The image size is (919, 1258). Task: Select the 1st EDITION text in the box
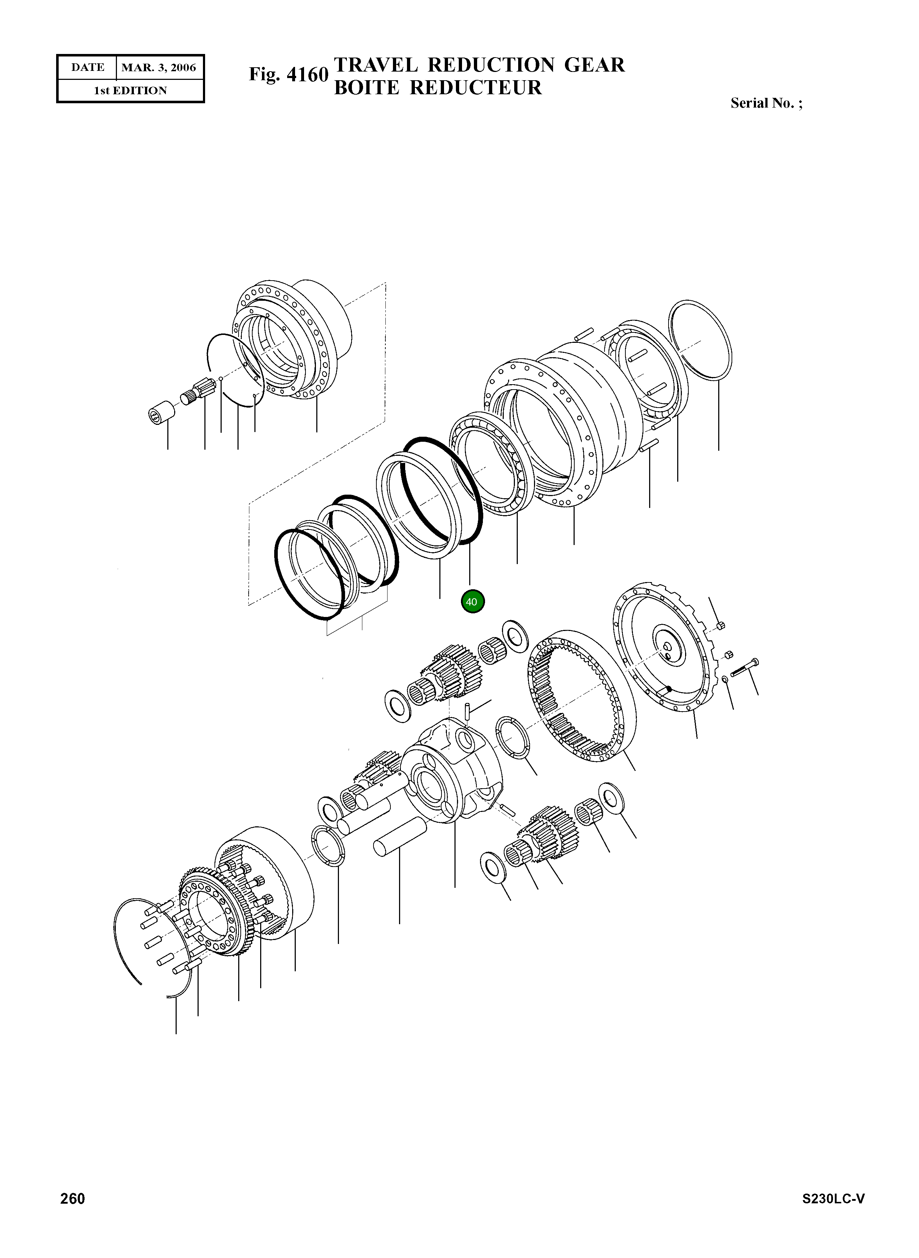click(130, 91)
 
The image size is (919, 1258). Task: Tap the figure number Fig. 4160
click(288, 74)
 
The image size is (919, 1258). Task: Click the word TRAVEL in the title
click(376, 65)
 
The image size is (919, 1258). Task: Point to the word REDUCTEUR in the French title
click(476, 88)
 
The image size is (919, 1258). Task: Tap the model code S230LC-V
click(833, 1214)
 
